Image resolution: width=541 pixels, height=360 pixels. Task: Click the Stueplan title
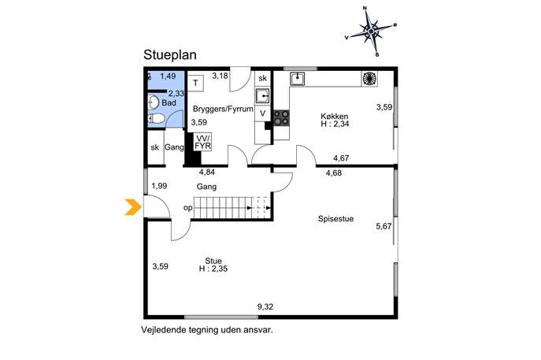[170, 55]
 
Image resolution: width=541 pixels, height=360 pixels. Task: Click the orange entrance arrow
[134, 207]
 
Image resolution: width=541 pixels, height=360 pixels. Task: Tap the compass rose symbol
[371, 32]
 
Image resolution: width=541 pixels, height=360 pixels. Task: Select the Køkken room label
[335, 117]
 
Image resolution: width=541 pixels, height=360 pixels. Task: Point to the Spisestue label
[335, 219]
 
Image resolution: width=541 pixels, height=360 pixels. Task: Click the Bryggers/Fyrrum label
[223, 109]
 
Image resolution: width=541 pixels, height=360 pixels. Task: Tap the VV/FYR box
[202, 143]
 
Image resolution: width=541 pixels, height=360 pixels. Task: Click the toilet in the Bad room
[156, 119]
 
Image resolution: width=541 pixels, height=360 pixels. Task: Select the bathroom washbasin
[154, 102]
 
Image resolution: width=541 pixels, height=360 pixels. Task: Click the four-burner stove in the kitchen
[282, 117]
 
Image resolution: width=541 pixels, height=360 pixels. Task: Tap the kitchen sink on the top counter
[297, 78]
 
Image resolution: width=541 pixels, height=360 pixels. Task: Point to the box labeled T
[195, 84]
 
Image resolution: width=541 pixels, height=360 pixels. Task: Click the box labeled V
[262, 113]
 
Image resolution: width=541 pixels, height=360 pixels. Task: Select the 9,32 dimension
[265, 306]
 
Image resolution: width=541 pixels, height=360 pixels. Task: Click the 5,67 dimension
[384, 226]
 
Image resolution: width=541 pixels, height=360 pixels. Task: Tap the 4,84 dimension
[207, 172]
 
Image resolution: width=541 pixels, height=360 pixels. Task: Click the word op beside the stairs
[188, 208]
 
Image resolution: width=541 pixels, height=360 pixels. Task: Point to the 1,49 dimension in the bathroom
[168, 76]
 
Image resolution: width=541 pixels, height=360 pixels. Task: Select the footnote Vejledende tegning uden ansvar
[206, 330]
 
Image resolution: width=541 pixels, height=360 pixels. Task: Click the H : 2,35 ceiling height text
[213, 269]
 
